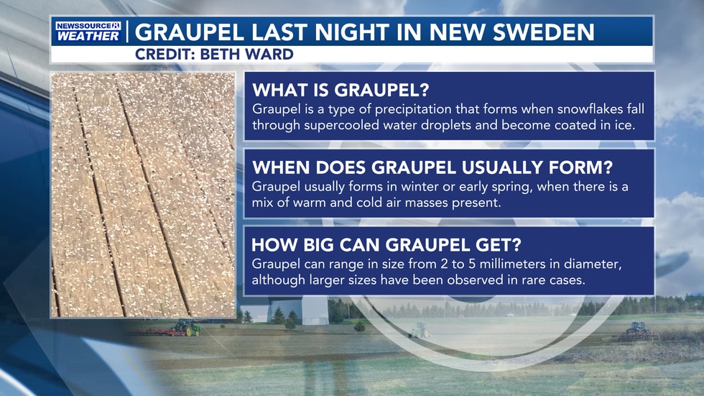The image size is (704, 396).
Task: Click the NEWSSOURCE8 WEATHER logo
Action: click(87, 32)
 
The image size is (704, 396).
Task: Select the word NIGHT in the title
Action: click(350, 32)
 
